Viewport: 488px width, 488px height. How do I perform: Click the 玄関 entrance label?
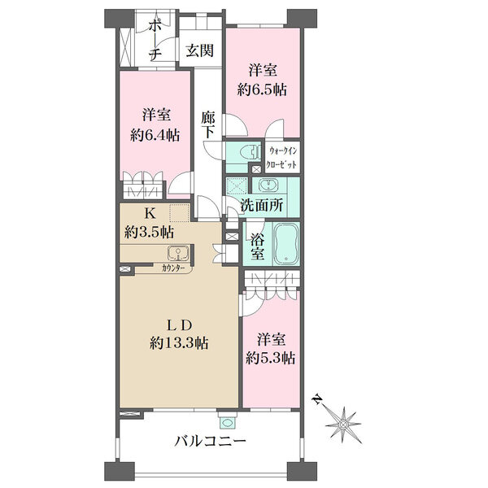200,50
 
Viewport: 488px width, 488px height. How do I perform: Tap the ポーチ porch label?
155,40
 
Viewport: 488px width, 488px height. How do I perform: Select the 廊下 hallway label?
207,124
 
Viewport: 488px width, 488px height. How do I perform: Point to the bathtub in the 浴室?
286,243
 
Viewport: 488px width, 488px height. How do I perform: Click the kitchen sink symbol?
177,252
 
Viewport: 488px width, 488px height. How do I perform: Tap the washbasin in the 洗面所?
268,185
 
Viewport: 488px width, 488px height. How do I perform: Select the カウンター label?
174,268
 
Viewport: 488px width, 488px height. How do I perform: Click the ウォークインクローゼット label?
282,158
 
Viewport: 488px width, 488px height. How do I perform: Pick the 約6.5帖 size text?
262,90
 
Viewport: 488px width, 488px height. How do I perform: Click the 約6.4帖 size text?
155,135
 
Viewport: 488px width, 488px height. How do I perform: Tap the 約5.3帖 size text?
271,358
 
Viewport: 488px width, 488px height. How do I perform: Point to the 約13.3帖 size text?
179,343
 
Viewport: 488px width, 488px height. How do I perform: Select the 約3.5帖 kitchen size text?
149,232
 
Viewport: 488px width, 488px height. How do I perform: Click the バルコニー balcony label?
210,441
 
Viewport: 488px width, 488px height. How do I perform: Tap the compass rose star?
343,425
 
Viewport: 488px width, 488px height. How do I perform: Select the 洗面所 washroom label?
262,206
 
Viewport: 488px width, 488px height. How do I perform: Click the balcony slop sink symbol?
227,423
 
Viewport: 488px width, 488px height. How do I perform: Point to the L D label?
179,325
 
